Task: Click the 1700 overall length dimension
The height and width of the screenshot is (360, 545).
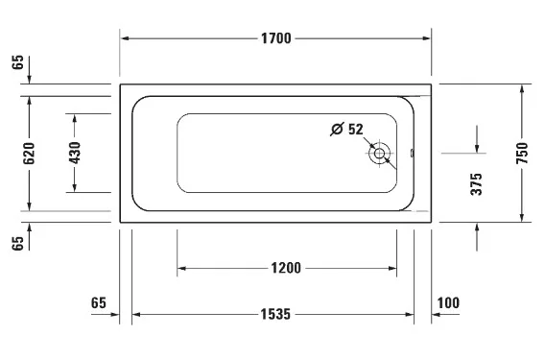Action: pyautogui.click(x=276, y=38)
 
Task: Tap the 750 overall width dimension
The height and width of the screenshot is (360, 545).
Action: pyautogui.click(x=522, y=153)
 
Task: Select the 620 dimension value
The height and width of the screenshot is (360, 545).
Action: pyautogui.click(x=29, y=153)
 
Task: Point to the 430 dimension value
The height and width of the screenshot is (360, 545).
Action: pyautogui.click(x=75, y=153)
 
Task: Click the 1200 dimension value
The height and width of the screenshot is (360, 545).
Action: pyautogui.click(x=286, y=268)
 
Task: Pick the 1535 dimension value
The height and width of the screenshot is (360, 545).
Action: pyautogui.click(x=275, y=315)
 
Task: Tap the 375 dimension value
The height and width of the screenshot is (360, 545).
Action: pyautogui.click(x=476, y=184)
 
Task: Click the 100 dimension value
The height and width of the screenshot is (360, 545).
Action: pyautogui.click(x=448, y=303)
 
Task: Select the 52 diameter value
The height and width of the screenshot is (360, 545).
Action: pyautogui.click(x=356, y=129)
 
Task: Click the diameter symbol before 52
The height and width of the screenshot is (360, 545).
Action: pyautogui.click(x=337, y=129)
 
